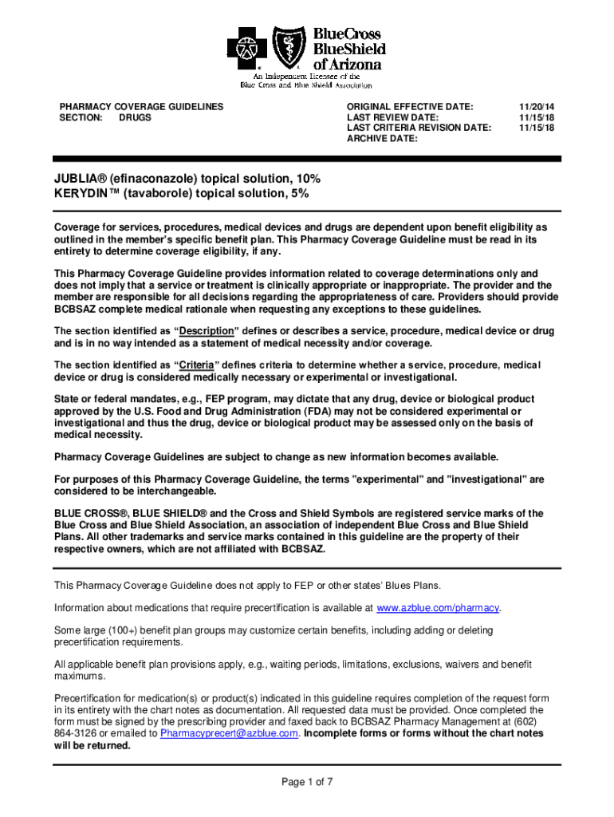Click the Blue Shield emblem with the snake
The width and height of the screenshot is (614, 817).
(x=288, y=47)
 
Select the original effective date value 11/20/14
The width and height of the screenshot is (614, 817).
(x=535, y=106)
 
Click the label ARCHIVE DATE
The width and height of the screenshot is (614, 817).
(x=382, y=139)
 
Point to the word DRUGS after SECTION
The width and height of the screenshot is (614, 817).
(x=135, y=117)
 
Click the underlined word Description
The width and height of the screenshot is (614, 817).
(x=206, y=331)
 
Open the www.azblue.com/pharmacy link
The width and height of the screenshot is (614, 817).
(x=438, y=608)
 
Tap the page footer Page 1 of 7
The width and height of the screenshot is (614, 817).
(x=307, y=782)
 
